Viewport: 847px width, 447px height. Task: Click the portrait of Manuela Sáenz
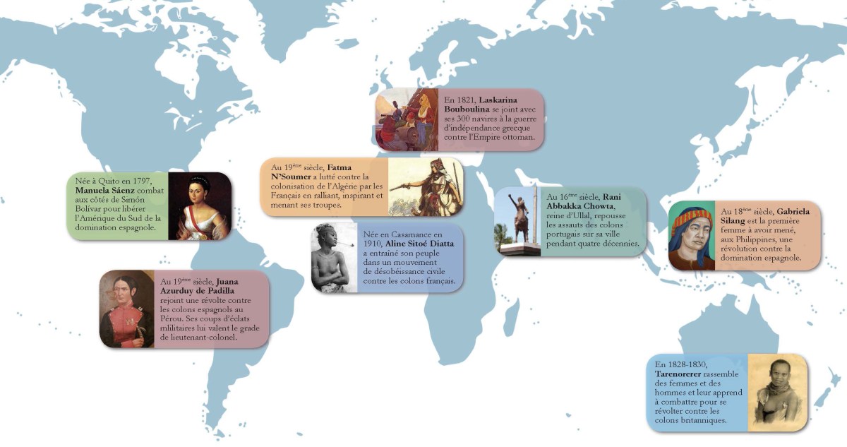click(x=200, y=205)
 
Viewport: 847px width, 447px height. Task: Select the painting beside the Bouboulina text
click(x=408, y=119)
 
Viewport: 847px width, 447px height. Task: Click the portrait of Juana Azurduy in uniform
click(x=127, y=309)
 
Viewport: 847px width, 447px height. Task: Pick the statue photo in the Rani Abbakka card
click(x=517, y=221)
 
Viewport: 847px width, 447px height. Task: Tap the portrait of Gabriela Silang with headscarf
click(x=692, y=235)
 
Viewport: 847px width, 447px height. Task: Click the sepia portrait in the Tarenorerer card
click(x=776, y=392)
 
